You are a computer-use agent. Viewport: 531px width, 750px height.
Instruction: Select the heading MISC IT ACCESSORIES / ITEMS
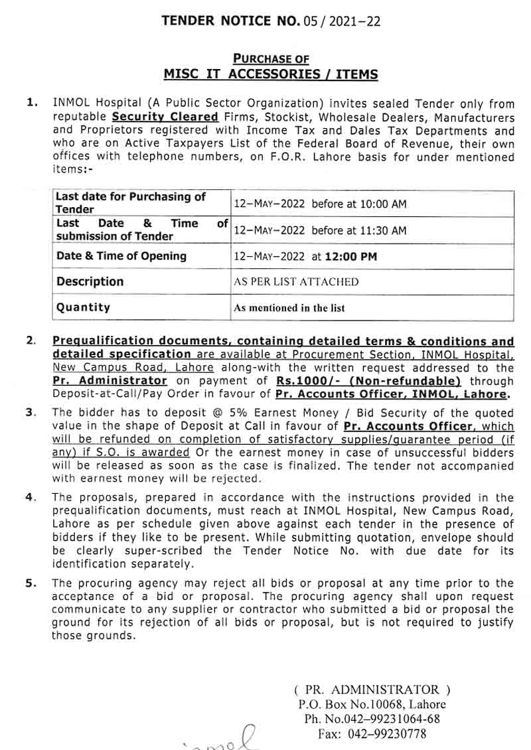[271, 74]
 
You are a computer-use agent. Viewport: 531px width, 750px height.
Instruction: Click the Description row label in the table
[90, 281]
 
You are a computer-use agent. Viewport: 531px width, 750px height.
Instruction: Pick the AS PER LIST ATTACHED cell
[296, 282]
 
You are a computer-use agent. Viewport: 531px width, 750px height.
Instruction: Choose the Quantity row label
[84, 307]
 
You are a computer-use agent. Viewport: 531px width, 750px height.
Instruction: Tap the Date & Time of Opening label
[121, 256]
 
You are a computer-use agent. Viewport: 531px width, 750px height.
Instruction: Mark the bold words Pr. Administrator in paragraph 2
[110, 381]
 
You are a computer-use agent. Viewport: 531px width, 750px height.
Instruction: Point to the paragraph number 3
[30, 412]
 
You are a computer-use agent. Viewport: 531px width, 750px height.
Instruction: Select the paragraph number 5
[30, 583]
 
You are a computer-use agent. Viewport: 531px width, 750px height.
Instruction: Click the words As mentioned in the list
[289, 308]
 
